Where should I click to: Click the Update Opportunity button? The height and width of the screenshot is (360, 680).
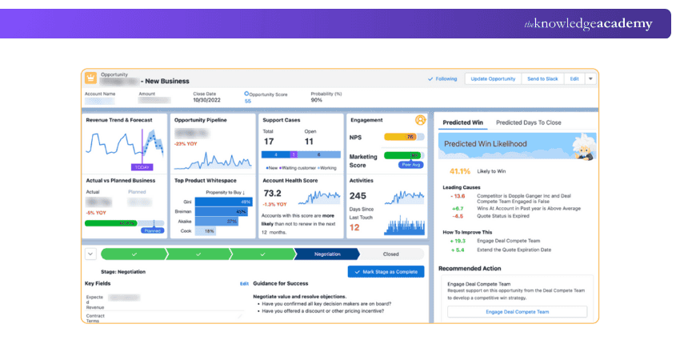tap(493, 78)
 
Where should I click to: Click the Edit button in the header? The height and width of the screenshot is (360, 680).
tap(574, 78)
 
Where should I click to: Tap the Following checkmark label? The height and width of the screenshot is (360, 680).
tap(442, 78)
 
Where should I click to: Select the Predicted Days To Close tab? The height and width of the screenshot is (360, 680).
tap(529, 122)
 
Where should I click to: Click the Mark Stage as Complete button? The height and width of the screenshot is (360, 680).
tap(386, 272)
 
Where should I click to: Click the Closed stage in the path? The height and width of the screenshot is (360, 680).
tap(390, 254)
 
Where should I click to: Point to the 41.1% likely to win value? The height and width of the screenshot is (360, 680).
tap(459, 171)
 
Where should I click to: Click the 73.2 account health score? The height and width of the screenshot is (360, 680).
tap(272, 194)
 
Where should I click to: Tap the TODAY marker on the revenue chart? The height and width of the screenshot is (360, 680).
tap(142, 167)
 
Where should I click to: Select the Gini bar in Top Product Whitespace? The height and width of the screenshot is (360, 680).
tap(223, 202)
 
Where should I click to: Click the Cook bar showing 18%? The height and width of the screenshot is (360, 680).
tap(206, 230)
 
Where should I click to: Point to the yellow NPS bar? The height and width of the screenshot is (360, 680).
tap(403, 137)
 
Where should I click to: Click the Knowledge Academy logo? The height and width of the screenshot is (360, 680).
tap(588, 24)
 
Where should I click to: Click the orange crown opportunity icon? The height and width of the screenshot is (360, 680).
tap(90, 78)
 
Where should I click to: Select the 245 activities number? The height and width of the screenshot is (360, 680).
tap(358, 196)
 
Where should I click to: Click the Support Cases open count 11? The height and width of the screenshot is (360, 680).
tap(310, 142)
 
